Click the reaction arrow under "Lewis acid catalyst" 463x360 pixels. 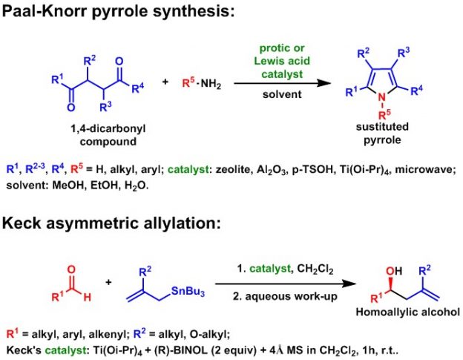[281, 83]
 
